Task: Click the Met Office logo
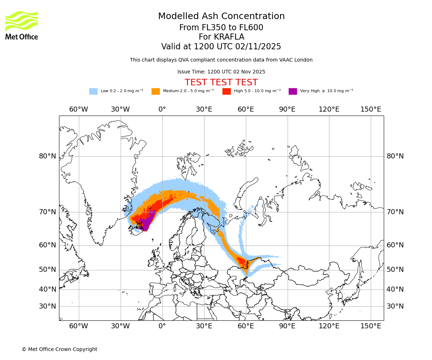coord(22,25)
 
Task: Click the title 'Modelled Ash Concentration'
coord(221,17)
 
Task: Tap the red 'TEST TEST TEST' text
coord(221,82)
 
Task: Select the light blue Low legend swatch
coord(93,91)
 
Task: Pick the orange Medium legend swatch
coord(156,91)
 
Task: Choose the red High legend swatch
coord(226,91)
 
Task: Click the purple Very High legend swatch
coord(293,91)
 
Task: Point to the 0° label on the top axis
coord(162,109)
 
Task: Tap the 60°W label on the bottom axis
coord(78,326)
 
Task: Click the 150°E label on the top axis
coord(370,109)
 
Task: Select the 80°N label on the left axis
coord(48,156)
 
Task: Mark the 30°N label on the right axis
coord(395,306)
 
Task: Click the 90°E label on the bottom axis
coord(287,326)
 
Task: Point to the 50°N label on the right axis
coord(395,270)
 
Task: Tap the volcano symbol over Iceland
coord(139,225)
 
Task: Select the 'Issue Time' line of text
coord(221,72)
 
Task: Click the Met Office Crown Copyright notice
coord(59,349)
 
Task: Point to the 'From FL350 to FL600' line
coord(221,28)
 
